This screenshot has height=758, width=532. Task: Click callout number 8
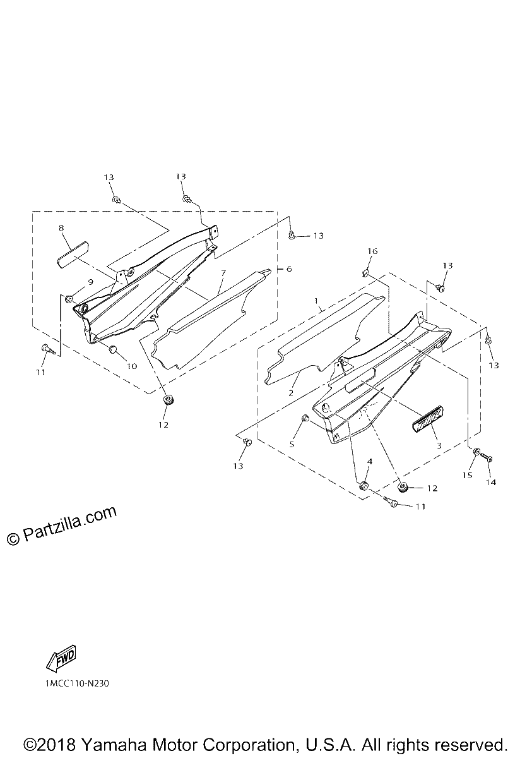61,228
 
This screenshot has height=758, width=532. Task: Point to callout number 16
372,251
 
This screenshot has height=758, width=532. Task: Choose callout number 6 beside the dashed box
288,268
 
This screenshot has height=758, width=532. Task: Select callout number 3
439,446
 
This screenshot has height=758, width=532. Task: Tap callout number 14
491,483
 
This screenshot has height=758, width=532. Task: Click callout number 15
467,476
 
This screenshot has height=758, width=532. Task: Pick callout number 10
132,366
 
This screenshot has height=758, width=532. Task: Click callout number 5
292,444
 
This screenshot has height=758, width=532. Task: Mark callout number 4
370,462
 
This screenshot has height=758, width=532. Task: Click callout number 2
291,394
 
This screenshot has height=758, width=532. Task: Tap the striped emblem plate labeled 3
427,419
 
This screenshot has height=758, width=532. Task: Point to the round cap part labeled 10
113,349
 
